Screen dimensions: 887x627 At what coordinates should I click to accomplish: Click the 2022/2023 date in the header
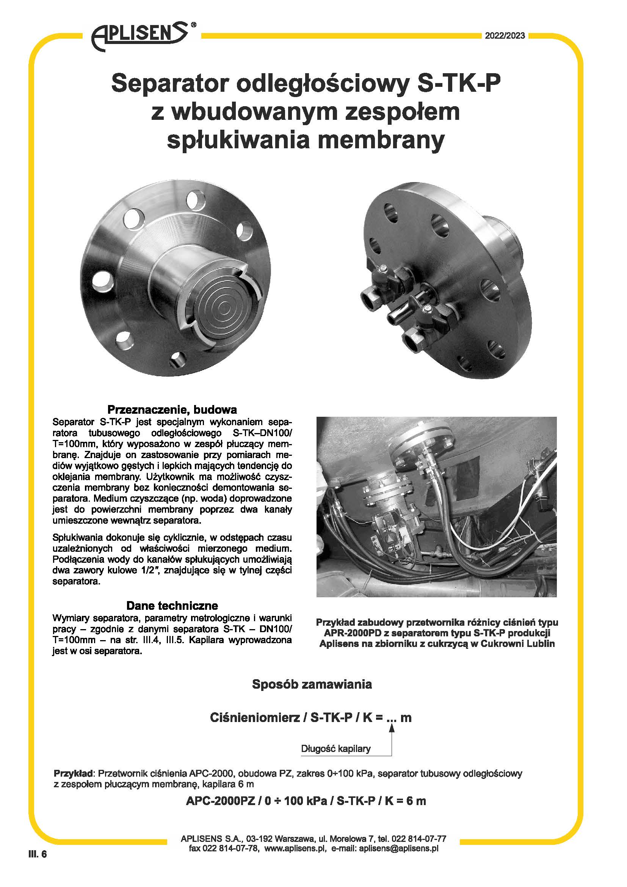[x=505, y=36]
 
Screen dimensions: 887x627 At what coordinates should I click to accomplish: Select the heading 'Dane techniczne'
[x=172, y=605]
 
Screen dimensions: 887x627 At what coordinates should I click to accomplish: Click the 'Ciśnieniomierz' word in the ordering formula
[x=254, y=718]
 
